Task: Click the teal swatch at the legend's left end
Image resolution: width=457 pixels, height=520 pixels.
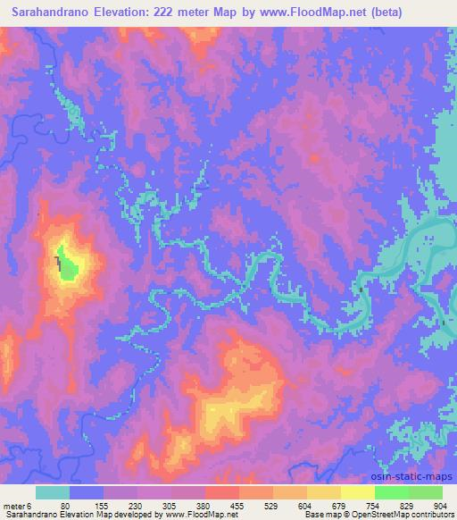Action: (53, 492)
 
